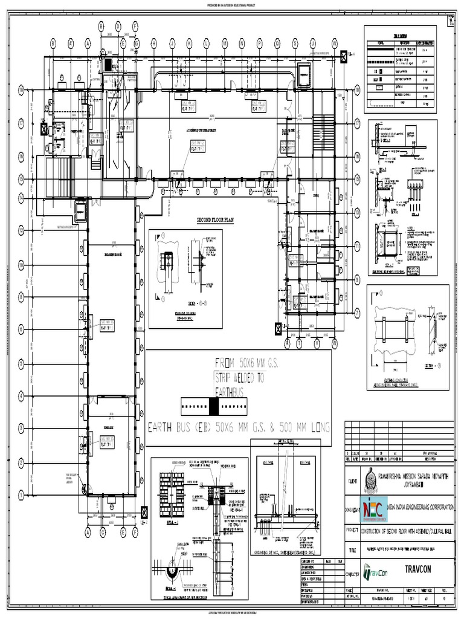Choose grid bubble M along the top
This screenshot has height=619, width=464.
224,44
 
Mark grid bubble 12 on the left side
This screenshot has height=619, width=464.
21,230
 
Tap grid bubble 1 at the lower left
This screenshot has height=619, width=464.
21,495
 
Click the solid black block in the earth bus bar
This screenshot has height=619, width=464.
213,405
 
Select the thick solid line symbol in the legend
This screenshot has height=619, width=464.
378,52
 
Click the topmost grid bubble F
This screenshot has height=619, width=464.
135,25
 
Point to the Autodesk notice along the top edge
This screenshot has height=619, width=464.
232,4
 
